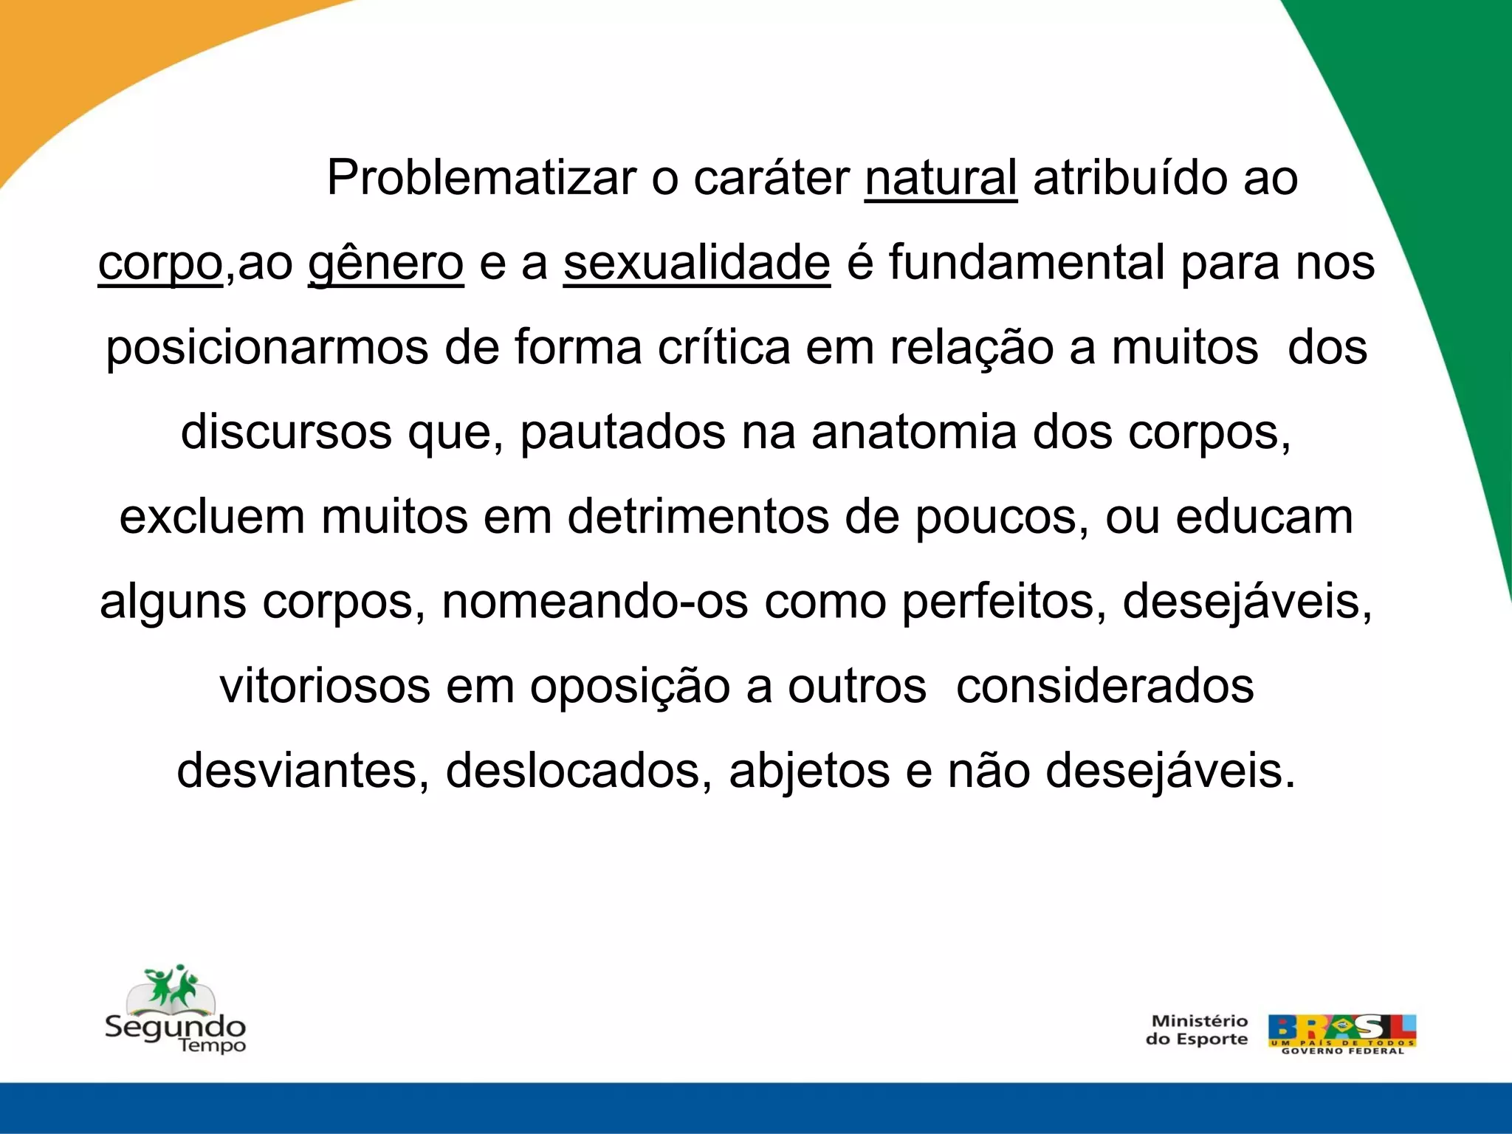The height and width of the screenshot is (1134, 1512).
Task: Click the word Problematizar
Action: [481, 178]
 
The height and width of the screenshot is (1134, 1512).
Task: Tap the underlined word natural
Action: [941, 178]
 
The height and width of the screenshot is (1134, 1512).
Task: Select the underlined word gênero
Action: [385, 263]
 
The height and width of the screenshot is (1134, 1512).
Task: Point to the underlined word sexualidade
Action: [696, 263]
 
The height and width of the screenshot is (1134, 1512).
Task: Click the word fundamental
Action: [1027, 263]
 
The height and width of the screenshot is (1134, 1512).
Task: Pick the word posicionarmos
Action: [267, 348]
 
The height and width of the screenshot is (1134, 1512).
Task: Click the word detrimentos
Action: [698, 517]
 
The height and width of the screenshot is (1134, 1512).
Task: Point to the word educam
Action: [1265, 517]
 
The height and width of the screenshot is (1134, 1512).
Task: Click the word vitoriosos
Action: [325, 686]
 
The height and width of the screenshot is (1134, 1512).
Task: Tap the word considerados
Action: [1104, 686]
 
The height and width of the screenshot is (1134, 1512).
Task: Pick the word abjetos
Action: [809, 771]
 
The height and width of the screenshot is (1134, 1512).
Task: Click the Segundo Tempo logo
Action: [175, 1009]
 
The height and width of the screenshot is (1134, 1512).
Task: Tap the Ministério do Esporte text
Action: [1197, 1030]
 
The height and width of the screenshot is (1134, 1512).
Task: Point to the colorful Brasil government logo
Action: [1341, 1034]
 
